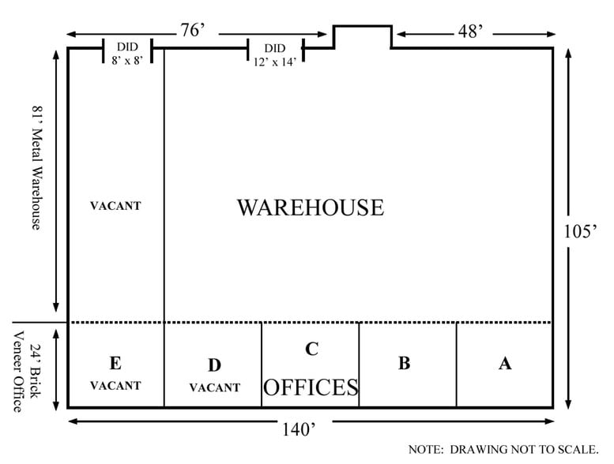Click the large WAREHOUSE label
(x=310, y=208)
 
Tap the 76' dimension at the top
(x=192, y=30)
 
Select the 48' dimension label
(x=470, y=31)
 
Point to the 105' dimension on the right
(x=580, y=231)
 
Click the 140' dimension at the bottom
(x=299, y=429)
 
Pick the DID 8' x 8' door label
(x=127, y=54)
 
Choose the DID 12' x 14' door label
(x=275, y=54)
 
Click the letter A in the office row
(x=505, y=364)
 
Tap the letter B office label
(x=404, y=363)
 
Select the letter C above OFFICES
(x=311, y=349)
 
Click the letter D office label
(x=214, y=365)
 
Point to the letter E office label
(x=115, y=363)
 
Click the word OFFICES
(x=311, y=387)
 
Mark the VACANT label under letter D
(x=215, y=387)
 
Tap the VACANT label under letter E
(x=115, y=386)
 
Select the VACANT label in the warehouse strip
(x=115, y=206)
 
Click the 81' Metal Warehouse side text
(x=36, y=168)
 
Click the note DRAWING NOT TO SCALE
(x=503, y=450)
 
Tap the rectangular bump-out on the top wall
(x=362, y=26)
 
